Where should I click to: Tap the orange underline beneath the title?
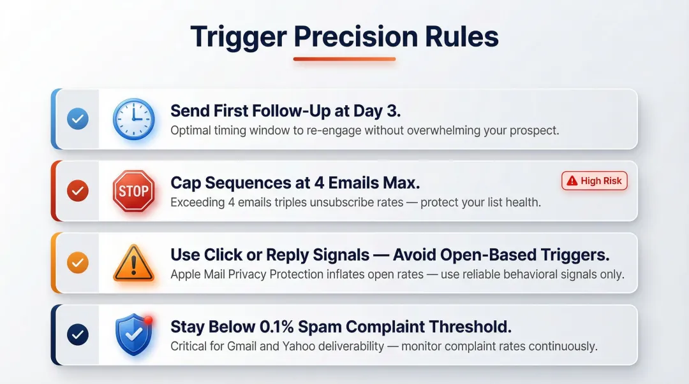[344, 59]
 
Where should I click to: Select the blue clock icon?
[133, 119]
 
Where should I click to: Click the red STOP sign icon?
[133, 190]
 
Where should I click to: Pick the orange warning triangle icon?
[133, 263]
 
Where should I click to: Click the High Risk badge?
[595, 181]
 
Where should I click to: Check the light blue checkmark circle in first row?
[78, 118]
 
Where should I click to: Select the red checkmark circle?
[78, 190]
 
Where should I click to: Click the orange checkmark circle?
[78, 262]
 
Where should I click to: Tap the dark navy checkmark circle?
[78, 334]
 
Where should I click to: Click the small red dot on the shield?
[147, 320]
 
